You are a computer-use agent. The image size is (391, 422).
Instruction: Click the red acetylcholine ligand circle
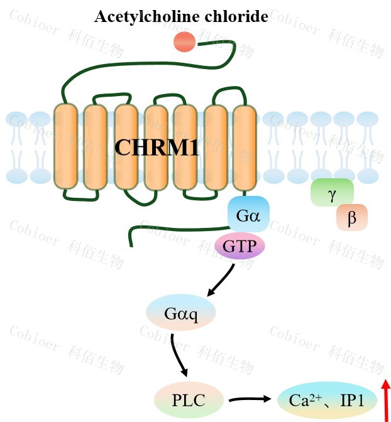184,42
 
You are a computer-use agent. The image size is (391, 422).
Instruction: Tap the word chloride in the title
236,17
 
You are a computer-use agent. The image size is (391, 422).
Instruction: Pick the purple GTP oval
240,246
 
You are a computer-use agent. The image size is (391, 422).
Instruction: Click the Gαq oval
180,312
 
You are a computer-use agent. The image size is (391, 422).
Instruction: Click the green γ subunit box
332,193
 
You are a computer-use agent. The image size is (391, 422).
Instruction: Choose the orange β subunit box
351,218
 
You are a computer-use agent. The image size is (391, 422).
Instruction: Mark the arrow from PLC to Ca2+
250,399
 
